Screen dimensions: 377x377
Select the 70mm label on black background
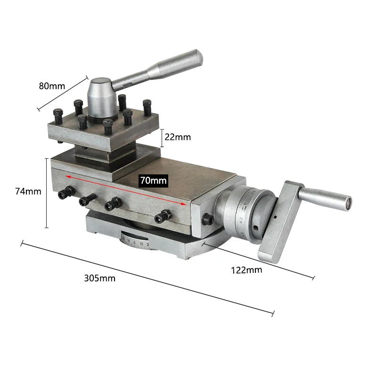(x=153, y=180)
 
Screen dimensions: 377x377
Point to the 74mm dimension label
(x=28, y=191)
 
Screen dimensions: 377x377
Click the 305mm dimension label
(x=99, y=278)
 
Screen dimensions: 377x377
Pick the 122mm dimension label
(x=246, y=270)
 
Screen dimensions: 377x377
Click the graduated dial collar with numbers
(x=245, y=207)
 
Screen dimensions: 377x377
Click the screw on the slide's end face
(x=206, y=219)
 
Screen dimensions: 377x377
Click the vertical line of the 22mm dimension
(x=162, y=137)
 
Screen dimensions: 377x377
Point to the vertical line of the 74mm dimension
(x=46, y=193)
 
